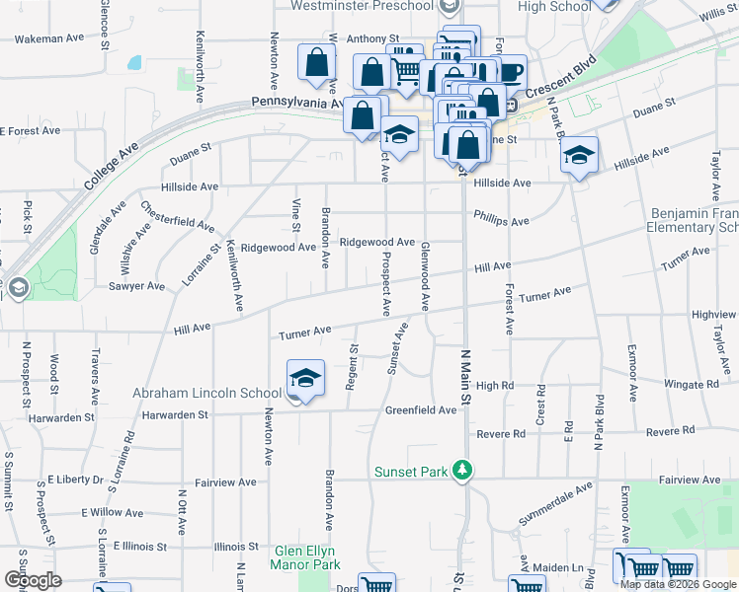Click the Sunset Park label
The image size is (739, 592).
tap(411, 471)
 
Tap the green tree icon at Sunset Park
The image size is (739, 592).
tap(459, 470)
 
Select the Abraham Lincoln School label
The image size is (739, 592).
tap(207, 393)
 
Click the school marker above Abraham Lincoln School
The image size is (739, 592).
tap(305, 378)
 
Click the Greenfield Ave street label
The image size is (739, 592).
tap(421, 409)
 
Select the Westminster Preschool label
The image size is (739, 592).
tap(363, 6)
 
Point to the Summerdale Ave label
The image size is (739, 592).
tap(556, 502)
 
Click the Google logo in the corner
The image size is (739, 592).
tap(34, 580)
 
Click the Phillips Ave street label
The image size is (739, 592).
tap(501, 219)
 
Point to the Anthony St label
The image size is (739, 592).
tap(372, 39)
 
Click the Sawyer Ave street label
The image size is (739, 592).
tap(137, 286)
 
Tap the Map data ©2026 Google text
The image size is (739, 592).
tap(678, 584)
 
